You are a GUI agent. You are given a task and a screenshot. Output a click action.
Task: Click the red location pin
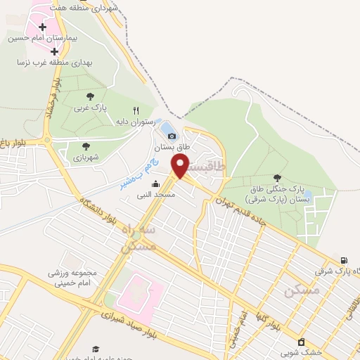coord(181,166)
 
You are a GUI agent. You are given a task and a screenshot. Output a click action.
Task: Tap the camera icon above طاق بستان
coord(172,136)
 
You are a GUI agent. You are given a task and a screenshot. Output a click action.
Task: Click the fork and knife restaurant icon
coord(136,110)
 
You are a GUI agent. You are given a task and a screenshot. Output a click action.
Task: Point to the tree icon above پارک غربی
coord(90,97)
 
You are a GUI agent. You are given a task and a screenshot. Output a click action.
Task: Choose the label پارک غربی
coord(90,109)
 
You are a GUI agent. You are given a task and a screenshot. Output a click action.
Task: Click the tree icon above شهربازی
coord(86,146)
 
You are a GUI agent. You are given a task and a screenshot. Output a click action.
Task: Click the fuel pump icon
coord(344,261)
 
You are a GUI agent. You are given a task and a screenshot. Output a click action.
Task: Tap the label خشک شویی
coord(301,352)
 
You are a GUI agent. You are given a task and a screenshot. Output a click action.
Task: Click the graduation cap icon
coord(96,349)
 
